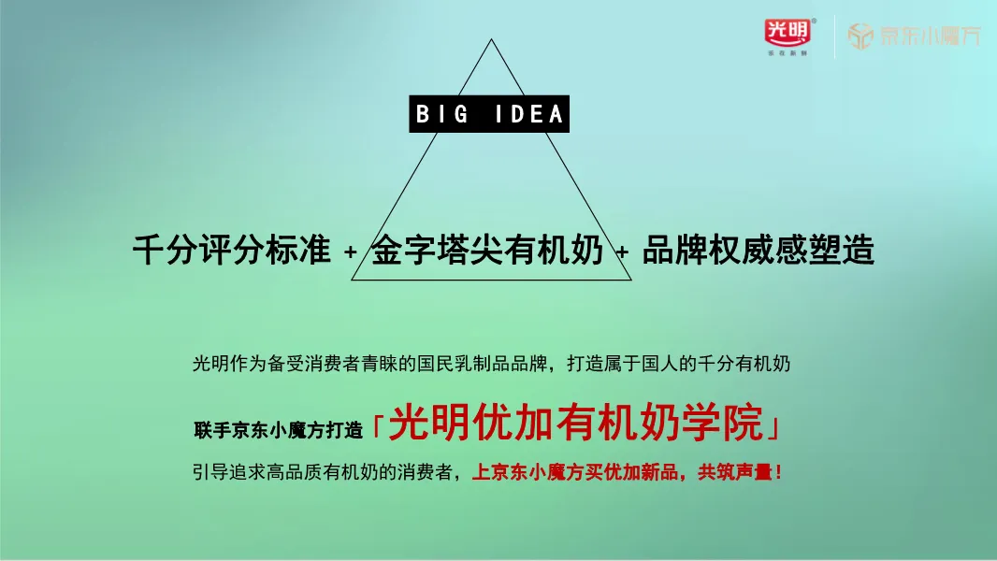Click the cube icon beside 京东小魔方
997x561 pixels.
pyautogui.click(x=860, y=36)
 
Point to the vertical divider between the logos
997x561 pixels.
pyautogui.click(x=834, y=37)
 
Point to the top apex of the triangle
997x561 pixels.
pyautogui.click(x=491, y=39)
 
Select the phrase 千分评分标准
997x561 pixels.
pyautogui.click(x=231, y=251)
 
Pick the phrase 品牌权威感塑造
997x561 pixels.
pyautogui.click(x=758, y=251)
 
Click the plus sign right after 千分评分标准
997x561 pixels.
pyautogui.click(x=351, y=252)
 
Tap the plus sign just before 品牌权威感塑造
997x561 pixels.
pyautogui.click(x=622, y=252)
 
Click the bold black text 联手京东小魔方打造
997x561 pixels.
pyautogui.click(x=278, y=431)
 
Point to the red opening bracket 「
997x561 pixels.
pyautogui.click(x=377, y=425)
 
